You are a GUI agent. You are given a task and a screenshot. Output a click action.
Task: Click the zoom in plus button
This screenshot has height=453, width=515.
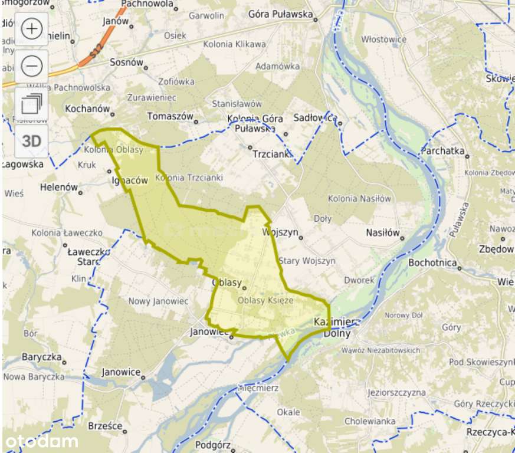tap(31, 29)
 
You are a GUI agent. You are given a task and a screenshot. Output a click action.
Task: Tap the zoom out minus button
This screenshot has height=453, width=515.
tap(31, 66)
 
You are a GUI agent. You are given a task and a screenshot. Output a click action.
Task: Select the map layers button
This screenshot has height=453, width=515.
tap(31, 104)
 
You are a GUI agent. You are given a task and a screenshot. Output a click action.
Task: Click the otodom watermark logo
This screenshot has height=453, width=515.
tap(42, 441)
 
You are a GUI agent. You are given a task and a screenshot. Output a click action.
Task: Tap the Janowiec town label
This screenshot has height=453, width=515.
tap(209, 332)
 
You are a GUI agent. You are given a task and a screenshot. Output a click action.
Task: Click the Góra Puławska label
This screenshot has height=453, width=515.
tap(280, 14)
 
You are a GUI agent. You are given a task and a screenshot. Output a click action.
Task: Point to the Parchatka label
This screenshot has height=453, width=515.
tap(443, 150)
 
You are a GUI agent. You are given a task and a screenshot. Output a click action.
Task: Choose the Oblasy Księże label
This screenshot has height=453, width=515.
tap(265, 300)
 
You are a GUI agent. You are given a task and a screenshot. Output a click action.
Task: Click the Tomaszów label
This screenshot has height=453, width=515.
tap(170, 116)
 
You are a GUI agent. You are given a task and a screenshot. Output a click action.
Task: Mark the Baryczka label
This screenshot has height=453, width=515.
tap(41, 357)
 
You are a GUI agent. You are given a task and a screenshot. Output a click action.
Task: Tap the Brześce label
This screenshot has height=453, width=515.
tap(104, 425)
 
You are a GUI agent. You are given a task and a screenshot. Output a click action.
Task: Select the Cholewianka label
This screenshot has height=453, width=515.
tap(370, 421)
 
